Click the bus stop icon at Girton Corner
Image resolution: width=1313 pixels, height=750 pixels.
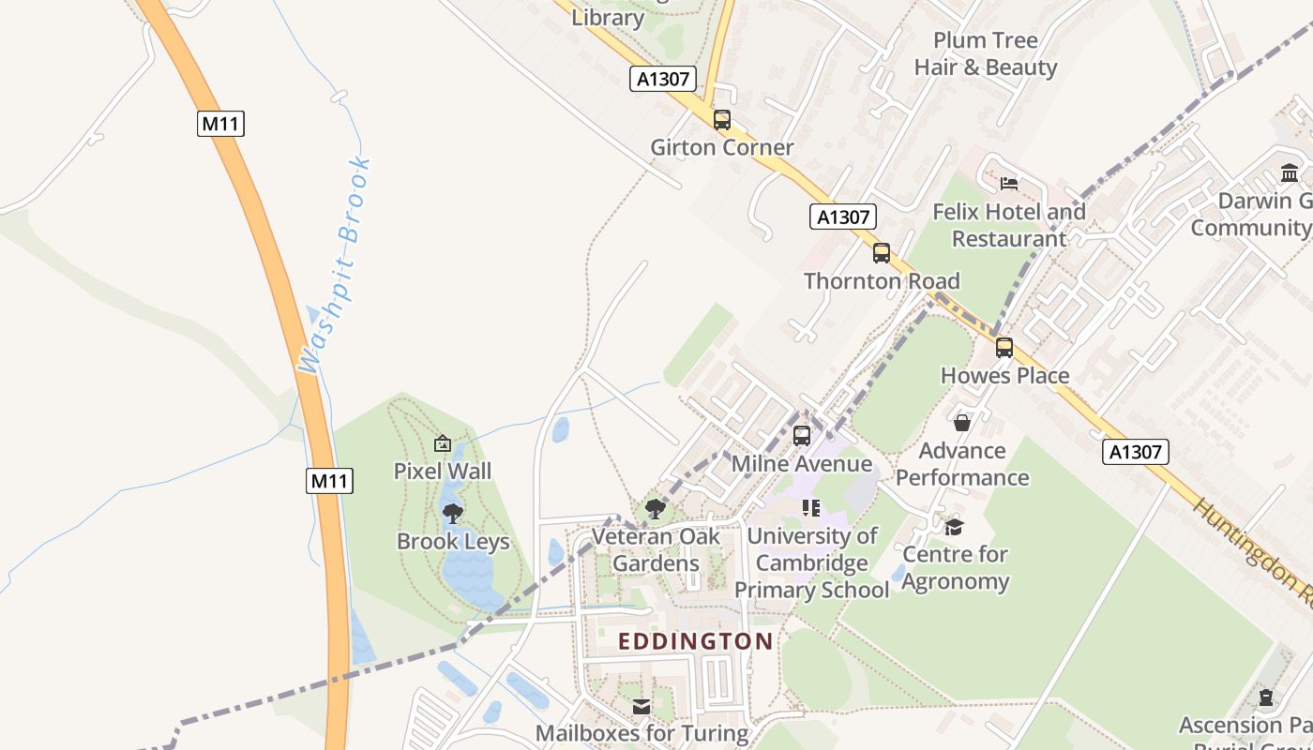pos(721,120)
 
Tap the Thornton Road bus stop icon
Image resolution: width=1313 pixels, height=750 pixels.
pos(881,253)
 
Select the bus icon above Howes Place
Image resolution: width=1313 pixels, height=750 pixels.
pos(1004,348)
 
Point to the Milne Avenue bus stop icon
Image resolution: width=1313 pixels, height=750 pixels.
pos(801,435)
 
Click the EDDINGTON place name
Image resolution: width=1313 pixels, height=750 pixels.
pos(696,641)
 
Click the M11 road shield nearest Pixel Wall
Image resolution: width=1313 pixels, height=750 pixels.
pos(329,481)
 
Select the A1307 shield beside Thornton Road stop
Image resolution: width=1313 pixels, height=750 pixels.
pos(842,217)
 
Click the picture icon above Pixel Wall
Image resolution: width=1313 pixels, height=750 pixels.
pos(443,443)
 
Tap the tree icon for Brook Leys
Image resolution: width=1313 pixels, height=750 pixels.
pos(453,514)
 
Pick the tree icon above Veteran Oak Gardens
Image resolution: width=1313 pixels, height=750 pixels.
pos(656,509)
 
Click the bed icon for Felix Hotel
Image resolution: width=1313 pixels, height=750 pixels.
pos(1008,184)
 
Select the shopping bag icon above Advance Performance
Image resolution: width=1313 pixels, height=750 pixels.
pos(961,423)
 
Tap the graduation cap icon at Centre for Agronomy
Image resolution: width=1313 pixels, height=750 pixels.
pos(954,527)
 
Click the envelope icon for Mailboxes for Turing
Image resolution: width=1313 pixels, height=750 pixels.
pos(641,706)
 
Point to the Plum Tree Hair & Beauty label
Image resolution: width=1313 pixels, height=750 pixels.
pos(986,53)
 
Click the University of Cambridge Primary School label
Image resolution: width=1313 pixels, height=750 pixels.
pos(811,562)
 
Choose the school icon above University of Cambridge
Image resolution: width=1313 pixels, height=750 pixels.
pos(811,508)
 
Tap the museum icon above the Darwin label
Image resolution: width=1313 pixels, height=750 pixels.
pos(1289,173)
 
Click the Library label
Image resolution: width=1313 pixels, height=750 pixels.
pos(608,17)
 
